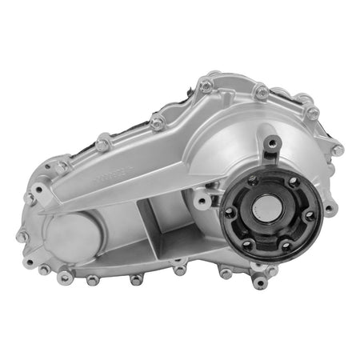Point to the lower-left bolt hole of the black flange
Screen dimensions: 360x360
[247, 242]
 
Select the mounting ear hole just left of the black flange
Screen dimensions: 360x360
[203, 198]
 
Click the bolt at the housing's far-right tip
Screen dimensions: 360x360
[338, 150]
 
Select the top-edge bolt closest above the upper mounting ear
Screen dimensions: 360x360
[262, 94]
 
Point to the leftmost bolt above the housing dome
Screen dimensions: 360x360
[206, 83]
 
